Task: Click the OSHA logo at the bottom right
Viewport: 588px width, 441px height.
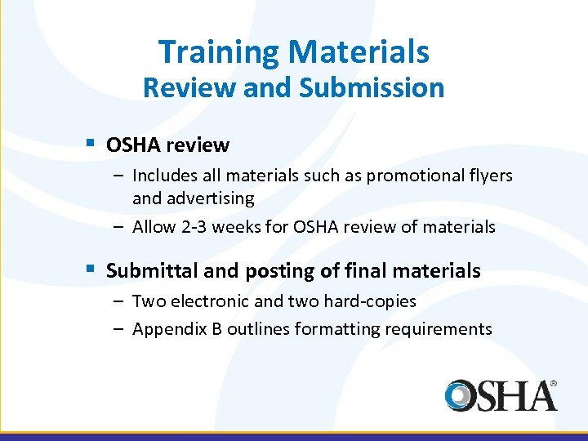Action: pyautogui.click(x=501, y=395)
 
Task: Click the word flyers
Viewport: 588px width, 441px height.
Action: pyautogui.click(x=490, y=175)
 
